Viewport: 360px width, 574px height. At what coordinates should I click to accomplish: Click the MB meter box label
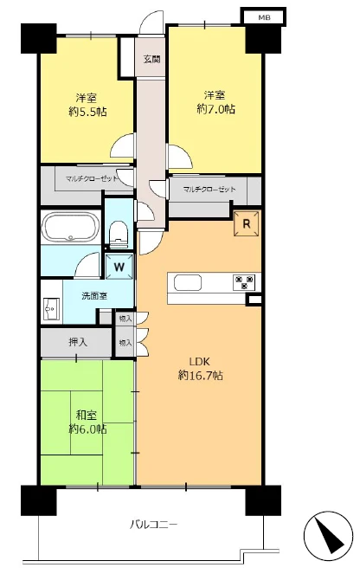coord(264,17)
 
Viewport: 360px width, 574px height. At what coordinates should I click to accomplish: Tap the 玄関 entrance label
coord(151,59)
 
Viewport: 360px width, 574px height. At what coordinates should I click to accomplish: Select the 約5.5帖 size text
coord(87,112)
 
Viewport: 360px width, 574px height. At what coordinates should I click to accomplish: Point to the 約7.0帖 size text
coord(215,109)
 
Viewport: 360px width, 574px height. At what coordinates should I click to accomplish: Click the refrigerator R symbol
coord(247,223)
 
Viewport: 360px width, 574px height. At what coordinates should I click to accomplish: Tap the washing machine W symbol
coord(119,267)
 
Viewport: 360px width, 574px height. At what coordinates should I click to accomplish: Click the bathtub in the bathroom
coord(70,227)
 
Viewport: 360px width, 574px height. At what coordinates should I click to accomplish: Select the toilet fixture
coord(119,233)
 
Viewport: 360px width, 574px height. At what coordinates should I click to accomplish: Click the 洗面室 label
coord(94,296)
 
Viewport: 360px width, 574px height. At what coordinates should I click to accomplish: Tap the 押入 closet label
coord(78,342)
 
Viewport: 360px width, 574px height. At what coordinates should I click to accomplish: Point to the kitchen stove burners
coord(244,282)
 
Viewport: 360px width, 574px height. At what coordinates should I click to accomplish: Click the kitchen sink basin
coord(187,282)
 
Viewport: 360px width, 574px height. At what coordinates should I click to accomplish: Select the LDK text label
coord(199,362)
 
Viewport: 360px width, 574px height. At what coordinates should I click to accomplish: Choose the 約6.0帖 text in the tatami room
coord(87,429)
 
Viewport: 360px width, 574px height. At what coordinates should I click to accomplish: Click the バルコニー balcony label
coord(154,525)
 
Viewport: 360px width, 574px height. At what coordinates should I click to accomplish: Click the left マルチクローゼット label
coord(92,179)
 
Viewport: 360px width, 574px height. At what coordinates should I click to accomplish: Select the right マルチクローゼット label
coord(209,190)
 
